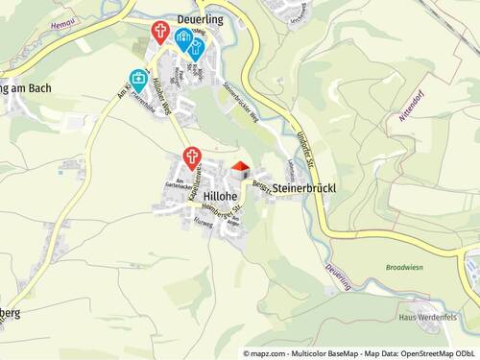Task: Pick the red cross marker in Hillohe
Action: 192,156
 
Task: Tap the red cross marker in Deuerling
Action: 160,34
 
